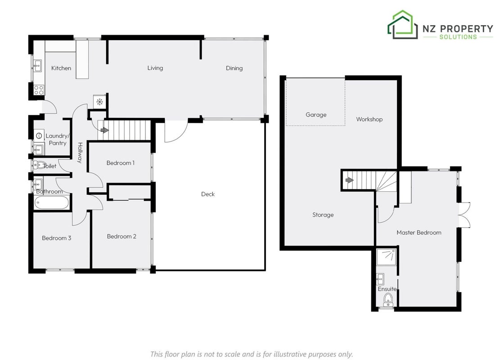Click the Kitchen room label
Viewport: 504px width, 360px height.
point(61,68)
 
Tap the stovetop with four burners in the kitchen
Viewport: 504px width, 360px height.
point(39,90)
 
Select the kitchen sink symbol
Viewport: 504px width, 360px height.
point(38,66)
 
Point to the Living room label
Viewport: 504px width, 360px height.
point(155,68)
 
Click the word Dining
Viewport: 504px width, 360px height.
point(234,68)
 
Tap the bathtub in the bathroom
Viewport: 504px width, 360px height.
point(51,203)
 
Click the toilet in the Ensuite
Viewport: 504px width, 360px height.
point(388,300)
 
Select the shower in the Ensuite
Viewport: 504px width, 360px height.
point(387,257)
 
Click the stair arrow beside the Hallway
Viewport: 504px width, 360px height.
point(104,130)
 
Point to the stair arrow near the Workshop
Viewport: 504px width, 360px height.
point(349,180)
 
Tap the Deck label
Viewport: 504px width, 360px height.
point(208,194)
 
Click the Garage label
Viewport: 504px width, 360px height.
point(316,115)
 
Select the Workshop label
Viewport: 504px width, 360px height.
point(369,119)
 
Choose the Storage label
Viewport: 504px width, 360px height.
point(323,215)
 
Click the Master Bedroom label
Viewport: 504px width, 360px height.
point(419,232)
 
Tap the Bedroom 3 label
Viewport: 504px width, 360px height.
point(57,238)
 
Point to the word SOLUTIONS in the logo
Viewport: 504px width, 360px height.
point(458,37)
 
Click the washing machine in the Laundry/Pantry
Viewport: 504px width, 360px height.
point(39,136)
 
